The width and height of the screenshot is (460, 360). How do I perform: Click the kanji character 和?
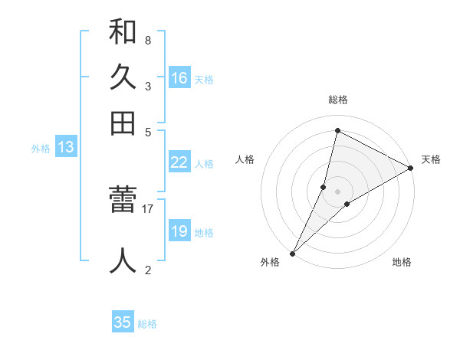123,32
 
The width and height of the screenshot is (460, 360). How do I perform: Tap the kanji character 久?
123,77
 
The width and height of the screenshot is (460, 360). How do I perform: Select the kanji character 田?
123,123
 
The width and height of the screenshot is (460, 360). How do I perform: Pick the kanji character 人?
123,260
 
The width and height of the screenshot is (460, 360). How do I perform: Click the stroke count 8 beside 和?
147,41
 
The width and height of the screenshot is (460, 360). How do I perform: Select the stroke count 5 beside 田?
147,131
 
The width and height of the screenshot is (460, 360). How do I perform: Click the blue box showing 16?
179,77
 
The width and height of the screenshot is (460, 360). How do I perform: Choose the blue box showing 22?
179,162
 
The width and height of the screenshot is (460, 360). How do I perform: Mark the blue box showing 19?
179,231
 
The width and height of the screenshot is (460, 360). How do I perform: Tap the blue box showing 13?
65,147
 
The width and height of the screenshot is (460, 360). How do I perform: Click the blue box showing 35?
123,322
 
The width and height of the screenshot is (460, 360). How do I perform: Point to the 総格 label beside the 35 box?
147,324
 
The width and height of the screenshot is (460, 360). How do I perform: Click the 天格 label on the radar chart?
431,159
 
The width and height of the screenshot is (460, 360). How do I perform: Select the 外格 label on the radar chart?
270,263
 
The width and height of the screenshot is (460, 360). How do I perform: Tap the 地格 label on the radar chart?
402,263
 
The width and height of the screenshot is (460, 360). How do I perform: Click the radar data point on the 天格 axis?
411,169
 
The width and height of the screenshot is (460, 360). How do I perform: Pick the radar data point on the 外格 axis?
293,253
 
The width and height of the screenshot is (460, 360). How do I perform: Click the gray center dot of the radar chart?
337,191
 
